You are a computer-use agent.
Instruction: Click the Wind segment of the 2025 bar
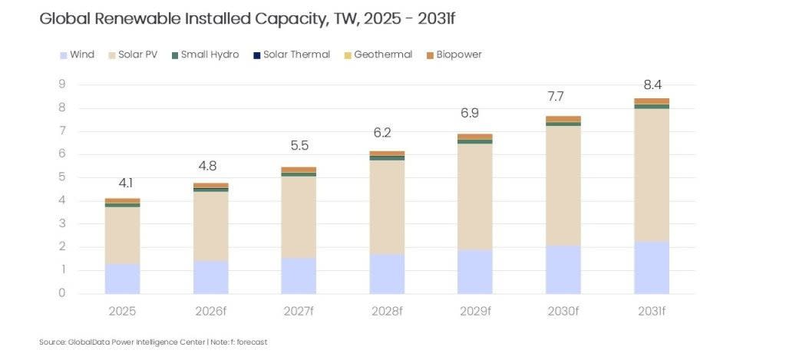[x=123, y=279]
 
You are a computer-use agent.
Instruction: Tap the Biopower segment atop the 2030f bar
[x=563, y=119]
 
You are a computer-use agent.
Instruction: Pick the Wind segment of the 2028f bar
[x=387, y=273]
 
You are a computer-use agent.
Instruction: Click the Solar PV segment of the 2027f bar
[x=299, y=217]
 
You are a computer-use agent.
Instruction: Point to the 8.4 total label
[x=652, y=82]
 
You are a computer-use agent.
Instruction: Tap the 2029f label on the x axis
[x=475, y=311]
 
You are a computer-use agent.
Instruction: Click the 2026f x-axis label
[x=210, y=311]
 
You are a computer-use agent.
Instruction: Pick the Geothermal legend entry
[x=382, y=54]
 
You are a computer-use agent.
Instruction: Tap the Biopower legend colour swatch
[x=430, y=55]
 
